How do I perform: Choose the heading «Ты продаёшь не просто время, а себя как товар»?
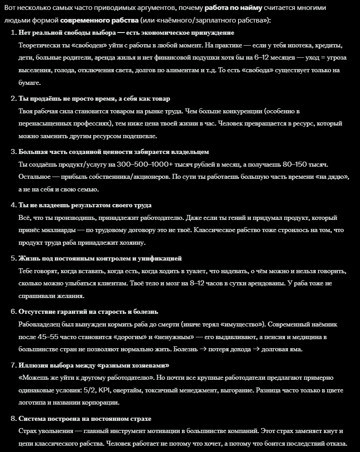click(94, 98)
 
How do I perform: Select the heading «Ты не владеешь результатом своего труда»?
click(85, 205)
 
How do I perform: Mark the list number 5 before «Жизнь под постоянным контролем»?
click(13, 258)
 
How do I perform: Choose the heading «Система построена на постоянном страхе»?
click(85, 419)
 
